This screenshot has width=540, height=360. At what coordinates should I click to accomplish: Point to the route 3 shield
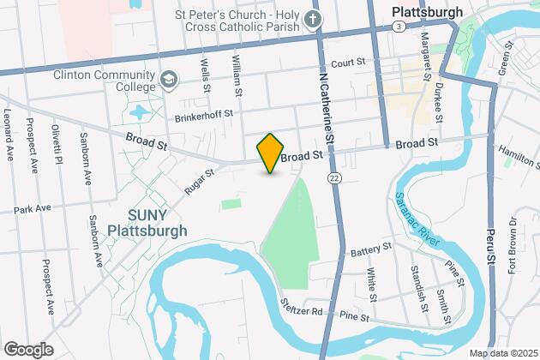click(400, 27)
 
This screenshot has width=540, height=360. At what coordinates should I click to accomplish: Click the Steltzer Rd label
click(304, 311)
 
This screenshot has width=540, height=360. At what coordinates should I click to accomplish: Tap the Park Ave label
click(33, 208)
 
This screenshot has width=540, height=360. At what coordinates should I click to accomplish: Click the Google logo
click(28, 349)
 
